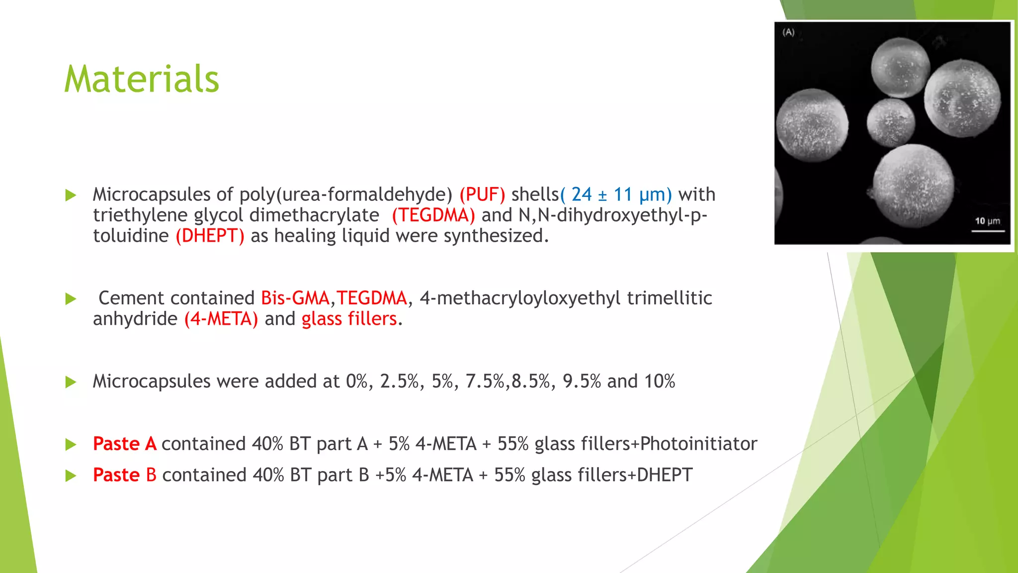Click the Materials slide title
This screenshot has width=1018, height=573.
pos(142,79)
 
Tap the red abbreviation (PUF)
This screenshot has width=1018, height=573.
pos(482,194)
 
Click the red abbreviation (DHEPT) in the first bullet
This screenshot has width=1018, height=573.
pos(210,236)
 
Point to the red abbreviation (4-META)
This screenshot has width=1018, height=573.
pos(221,319)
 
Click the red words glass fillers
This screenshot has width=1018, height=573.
pos(349,319)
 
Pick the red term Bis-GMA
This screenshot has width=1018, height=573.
pos(295,298)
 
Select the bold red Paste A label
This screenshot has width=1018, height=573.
pos(125,444)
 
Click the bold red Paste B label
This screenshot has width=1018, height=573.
pos(125,475)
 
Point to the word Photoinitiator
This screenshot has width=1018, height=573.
pos(698,444)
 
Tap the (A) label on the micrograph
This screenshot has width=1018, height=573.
pos(788,32)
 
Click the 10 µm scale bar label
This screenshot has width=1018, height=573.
pos(987,221)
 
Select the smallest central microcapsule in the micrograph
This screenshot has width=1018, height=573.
pos(891,122)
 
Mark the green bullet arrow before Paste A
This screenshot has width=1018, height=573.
pos(71,444)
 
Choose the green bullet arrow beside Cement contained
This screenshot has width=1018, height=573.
pos(71,298)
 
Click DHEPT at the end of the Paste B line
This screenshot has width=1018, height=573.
pos(665,475)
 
